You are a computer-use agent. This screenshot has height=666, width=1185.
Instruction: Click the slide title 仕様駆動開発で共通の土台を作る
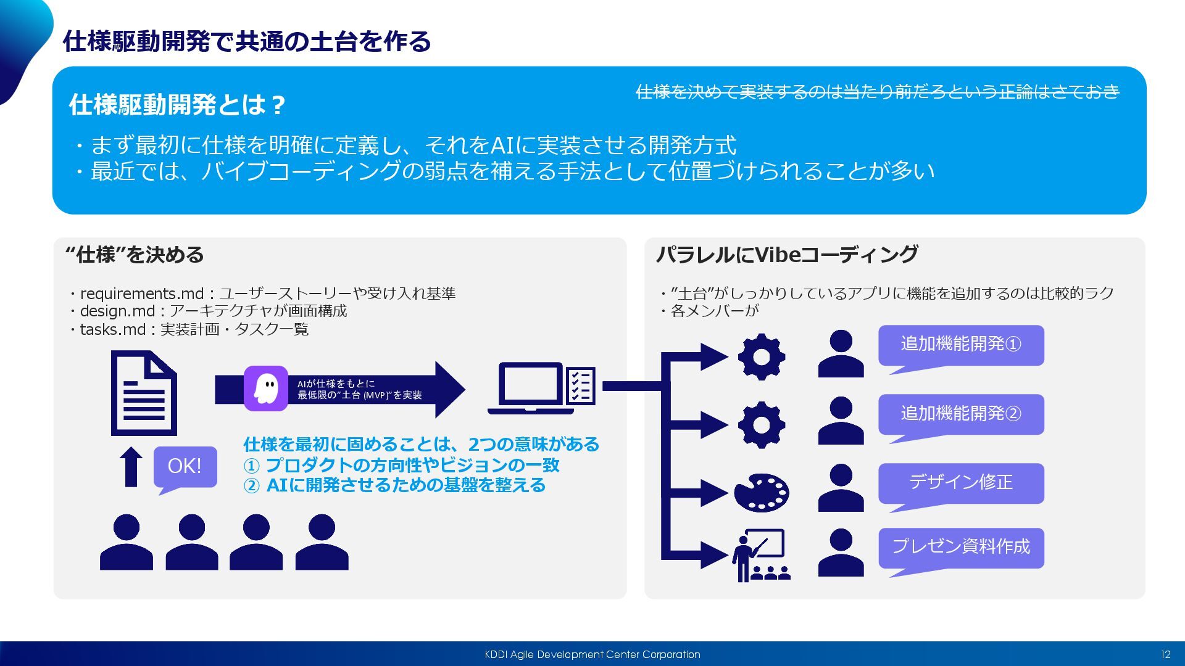pos(247,42)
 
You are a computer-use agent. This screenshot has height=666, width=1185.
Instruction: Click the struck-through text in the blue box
pos(877,92)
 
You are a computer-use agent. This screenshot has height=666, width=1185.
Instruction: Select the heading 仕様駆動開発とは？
pos(177,105)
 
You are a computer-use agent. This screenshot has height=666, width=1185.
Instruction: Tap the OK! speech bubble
pos(185,466)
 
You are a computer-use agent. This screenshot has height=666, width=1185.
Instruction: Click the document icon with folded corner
pos(144,393)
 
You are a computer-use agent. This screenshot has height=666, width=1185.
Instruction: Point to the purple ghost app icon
pos(266,388)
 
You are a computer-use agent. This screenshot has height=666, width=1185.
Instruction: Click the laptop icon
pos(526,388)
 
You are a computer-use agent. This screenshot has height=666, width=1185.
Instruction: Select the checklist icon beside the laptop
pos(580,386)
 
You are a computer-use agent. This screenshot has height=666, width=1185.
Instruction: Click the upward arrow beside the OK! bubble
pos(131,467)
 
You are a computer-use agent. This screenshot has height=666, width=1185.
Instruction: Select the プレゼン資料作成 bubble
pos(961,547)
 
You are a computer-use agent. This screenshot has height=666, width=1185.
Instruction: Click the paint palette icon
pos(762,493)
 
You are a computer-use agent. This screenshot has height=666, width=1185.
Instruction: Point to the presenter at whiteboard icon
pos(761,555)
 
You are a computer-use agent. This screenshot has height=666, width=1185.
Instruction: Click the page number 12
pos(1165,654)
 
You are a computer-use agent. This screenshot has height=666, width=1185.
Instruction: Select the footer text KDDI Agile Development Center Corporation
pos(592,654)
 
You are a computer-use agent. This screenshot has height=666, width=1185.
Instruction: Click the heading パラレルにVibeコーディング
pos(787,255)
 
